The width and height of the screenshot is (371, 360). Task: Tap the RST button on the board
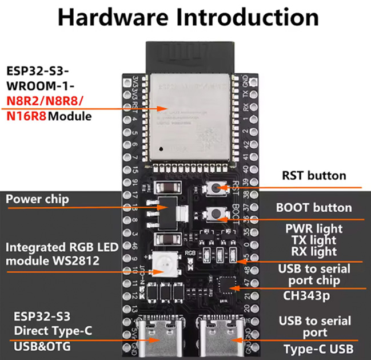tap(217, 187)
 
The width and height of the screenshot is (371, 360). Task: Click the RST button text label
tap(314, 175)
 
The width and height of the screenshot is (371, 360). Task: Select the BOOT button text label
tap(314, 208)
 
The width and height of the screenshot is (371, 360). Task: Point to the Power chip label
tap(37, 199)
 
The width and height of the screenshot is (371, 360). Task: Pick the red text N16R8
tap(26, 117)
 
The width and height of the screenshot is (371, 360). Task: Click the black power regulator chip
tap(167, 211)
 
